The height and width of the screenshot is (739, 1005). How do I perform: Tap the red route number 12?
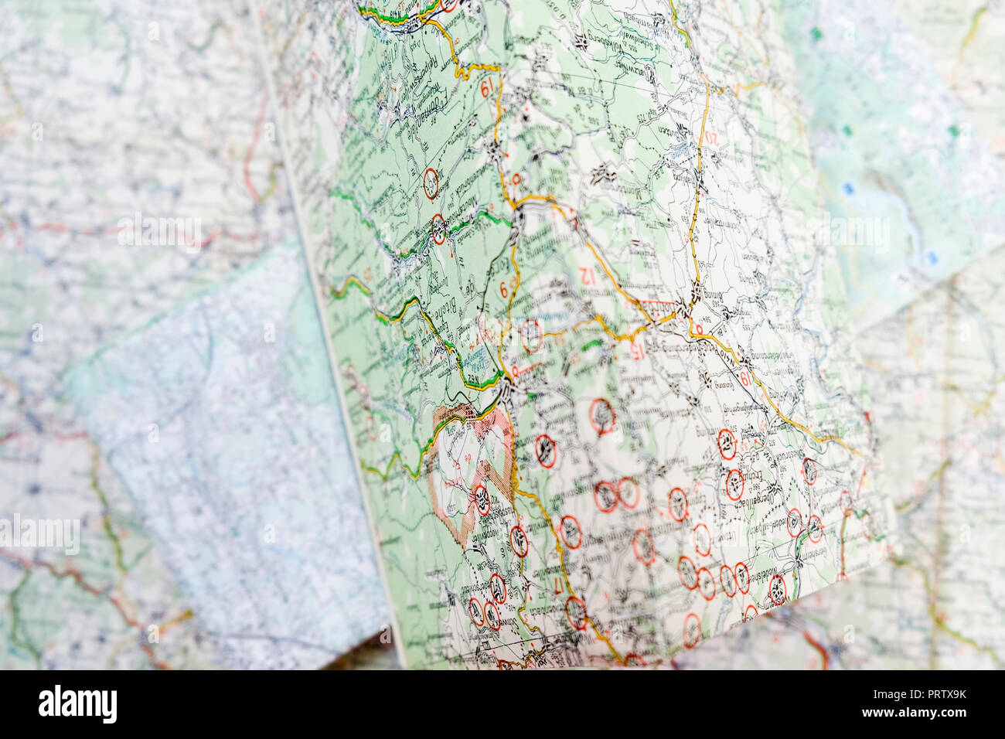[x=588, y=274]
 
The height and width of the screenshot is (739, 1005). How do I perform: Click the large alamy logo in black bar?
[x=78, y=704]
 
